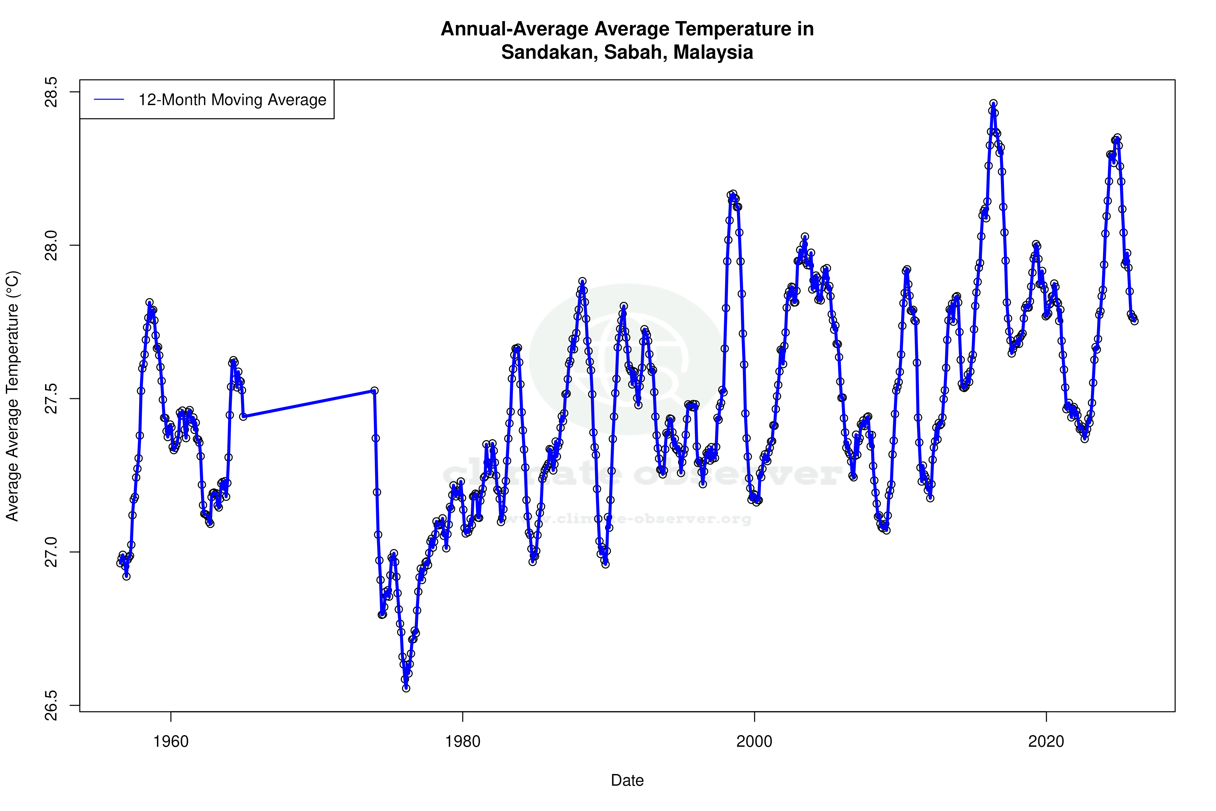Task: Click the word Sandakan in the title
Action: (x=547, y=52)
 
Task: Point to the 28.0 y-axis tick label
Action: (x=52, y=245)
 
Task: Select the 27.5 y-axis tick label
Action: (x=52, y=399)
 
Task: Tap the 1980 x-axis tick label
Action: (x=463, y=741)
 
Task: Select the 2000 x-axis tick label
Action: (x=754, y=741)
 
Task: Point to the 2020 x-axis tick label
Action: (x=1046, y=741)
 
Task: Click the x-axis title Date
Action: (x=627, y=781)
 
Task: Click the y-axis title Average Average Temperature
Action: (x=12, y=396)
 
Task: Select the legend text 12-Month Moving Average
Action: (x=232, y=100)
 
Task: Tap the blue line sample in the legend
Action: (x=109, y=100)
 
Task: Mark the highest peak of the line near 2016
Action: (x=993, y=104)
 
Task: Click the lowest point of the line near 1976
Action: (x=406, y=688)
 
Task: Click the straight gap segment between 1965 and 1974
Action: (x=309, y=404)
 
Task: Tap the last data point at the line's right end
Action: (x=1134, y=321)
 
